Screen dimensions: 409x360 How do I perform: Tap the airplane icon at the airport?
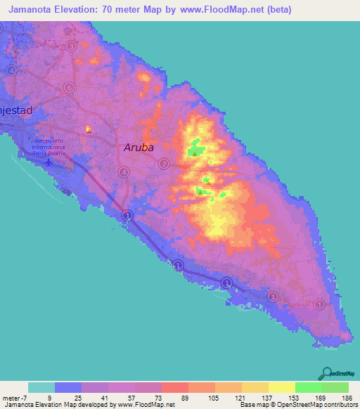[48, 163]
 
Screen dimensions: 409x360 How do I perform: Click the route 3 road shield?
[72, 46]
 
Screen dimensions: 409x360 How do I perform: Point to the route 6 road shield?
[69, 87]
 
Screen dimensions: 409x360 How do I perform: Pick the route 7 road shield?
[163, 164]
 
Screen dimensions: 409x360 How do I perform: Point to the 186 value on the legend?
[345, 396]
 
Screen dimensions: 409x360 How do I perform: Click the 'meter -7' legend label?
[14, 396]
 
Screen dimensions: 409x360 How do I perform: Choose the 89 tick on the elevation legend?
[185, 396]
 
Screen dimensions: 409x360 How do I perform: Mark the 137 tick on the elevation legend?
[265, 396]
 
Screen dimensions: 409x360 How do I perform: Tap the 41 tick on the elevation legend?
[105, 396]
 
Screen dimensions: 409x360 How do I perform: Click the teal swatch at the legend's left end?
[41, 387]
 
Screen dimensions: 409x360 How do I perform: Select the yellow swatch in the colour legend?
[281, 387]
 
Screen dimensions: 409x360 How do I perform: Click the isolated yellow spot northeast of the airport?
[88, 129]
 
